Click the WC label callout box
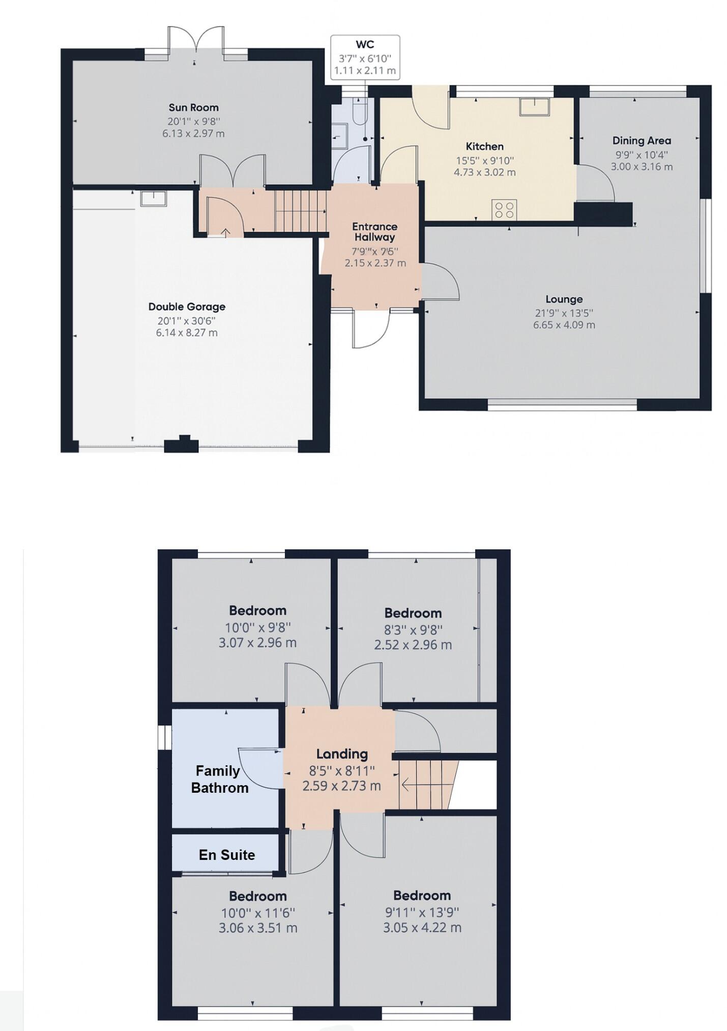tap(365, 57)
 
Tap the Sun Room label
tap(193, 107)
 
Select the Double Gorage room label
tap(187, 306)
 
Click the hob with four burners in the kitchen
tap(504, 210)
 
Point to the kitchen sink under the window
tap(534, 106)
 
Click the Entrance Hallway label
tap(375, 232)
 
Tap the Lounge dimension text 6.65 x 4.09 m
tap(564, 325)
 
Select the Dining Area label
tap(641, 141)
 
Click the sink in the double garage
tap(153, 198)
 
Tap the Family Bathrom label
tap(219, 779)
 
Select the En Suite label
tap(227, 855)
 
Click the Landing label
tap(341, 754)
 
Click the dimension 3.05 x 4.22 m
tap(422, 928)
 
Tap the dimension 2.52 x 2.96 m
tap(413, 645)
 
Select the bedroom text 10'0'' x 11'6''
tap(257, 913)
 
